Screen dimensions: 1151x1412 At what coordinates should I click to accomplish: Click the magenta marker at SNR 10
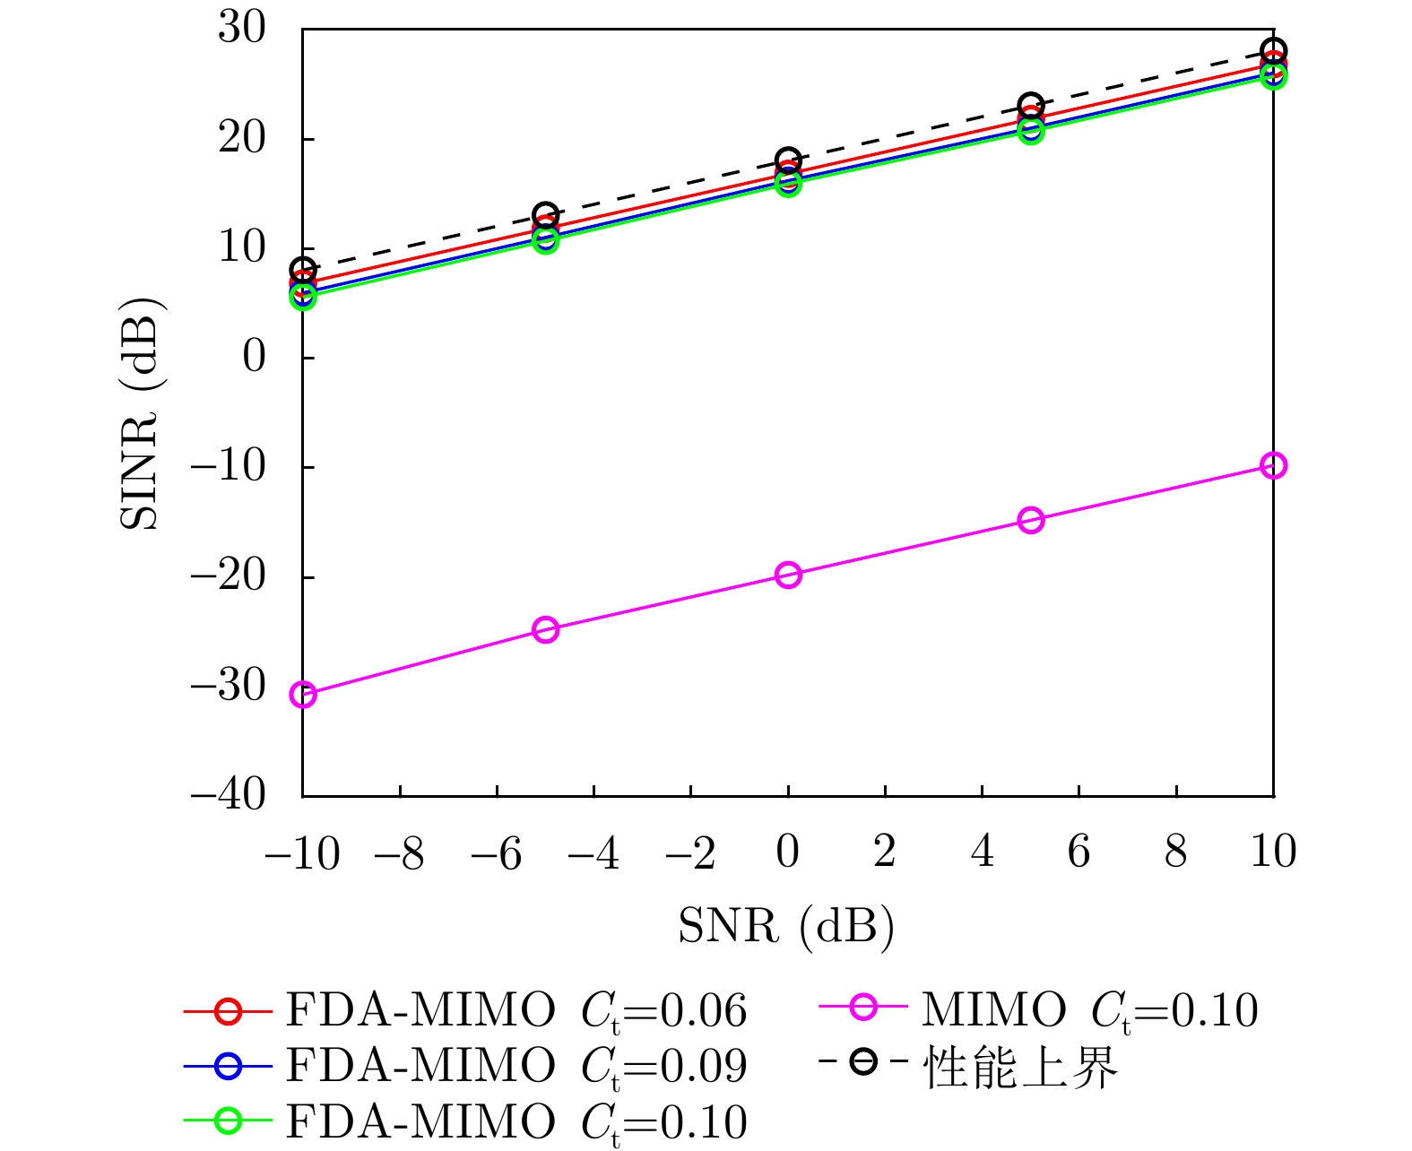1273,465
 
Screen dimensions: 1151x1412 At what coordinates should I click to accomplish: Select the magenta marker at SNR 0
788,575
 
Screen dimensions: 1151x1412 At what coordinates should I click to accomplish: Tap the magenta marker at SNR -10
303,694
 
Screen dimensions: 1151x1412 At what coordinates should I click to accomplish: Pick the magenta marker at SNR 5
1031,520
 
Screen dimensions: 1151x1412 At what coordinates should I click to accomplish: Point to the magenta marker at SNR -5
545,629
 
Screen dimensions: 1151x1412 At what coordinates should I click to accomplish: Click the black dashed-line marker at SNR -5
545,215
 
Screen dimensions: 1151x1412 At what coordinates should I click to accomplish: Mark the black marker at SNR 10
1273,50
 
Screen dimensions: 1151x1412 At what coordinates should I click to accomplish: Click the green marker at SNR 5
1031,132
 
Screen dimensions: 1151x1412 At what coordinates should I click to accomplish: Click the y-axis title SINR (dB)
141,412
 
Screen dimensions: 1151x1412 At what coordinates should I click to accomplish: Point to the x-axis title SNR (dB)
786,925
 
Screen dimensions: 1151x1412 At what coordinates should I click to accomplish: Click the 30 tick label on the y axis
242,29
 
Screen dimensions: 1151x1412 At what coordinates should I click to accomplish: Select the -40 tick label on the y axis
230,794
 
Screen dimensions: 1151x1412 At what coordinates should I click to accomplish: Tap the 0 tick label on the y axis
255,357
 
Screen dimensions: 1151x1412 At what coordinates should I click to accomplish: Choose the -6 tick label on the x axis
496,853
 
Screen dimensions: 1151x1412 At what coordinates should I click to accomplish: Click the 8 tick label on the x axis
1175,852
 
